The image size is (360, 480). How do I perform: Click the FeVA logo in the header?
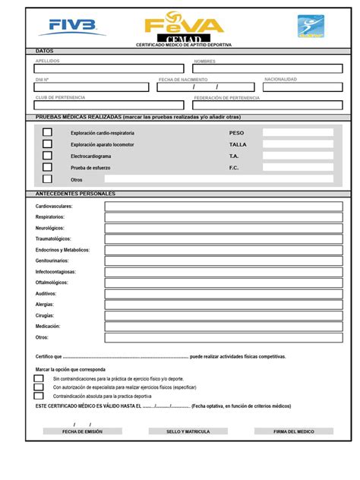coord(184,24)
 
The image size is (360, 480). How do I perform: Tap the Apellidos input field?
coord(107,68)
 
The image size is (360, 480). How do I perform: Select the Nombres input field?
coord(267,68)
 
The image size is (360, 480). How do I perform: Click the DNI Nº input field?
coord(92,87)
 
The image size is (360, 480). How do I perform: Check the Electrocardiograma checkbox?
coord(48,156)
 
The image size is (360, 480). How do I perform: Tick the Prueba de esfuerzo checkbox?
coord(48,167)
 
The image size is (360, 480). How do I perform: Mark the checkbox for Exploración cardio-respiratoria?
coord(48,132)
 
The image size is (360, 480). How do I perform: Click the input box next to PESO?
coord(298,132)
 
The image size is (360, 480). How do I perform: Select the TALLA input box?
coord(298,144)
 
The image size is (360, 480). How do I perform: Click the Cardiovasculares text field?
coord(223,207)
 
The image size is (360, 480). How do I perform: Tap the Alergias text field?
coord(223,304)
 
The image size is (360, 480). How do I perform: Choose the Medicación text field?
coord(223,326)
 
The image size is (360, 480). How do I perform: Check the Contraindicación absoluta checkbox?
coord(39,396)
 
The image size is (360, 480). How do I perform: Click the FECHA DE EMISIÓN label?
coord(82,431)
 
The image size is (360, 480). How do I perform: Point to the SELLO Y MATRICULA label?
coord(188,431)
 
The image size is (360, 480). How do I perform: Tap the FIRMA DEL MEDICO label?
coord(294,431)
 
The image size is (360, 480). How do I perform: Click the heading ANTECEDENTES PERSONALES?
coord(75,194)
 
